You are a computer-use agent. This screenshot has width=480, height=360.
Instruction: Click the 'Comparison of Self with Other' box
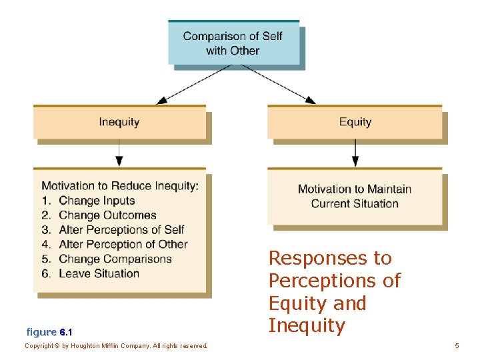click(x=233, y=43)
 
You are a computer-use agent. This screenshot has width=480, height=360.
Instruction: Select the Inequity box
click(x=119, y=122)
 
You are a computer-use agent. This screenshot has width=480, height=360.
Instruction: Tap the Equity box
click(x=355, y=122)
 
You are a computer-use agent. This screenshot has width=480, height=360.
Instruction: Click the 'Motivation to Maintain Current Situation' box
click(x=355, y=196)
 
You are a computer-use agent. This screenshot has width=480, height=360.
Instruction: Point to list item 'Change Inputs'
click(x=97, y=201)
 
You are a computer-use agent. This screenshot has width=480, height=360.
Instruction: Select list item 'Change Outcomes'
click(x=107, y=215)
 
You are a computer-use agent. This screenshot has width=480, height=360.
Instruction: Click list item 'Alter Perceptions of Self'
click(x=121, y=230)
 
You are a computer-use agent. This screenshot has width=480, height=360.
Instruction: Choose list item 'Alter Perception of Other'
click(x=123, y=245)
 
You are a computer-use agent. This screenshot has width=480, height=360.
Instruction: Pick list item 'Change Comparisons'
click(x=115, y=259)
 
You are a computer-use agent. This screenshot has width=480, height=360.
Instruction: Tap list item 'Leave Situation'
click(x=99, y=273)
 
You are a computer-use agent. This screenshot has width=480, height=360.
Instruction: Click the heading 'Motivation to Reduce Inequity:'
click(x=120, y=186)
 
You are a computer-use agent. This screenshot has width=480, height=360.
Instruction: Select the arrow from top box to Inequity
click(x=194, y=85)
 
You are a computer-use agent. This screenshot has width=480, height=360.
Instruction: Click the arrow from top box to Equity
click(x=274, y=85)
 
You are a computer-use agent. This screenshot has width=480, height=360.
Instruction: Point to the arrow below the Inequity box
click(x=119, y=153)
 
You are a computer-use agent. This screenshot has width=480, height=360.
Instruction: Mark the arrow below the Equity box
click(x=355, y=153)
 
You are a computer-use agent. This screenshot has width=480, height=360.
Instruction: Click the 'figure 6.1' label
click(x=49, y=331)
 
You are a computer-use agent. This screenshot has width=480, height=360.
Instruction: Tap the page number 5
click(x=457, y=345)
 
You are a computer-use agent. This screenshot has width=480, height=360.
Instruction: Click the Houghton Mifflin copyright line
click(x=116, y=345)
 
